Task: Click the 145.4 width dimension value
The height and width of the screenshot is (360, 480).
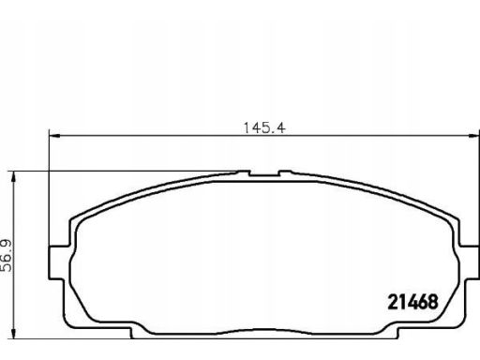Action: [264, 127]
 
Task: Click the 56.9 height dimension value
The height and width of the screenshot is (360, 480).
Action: [6, 256]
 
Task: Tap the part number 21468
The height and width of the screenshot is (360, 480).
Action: [412, 302]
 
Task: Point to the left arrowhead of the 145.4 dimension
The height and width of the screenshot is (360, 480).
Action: [54, 136]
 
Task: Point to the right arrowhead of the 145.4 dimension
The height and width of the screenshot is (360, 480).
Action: [473, 136]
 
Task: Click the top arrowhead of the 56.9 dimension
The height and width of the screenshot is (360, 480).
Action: [13, 177]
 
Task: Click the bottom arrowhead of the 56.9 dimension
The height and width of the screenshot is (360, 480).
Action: [13, 333]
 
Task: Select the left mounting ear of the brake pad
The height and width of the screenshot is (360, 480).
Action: [59, 262]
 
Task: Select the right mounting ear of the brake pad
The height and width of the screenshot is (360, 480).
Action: [469, 262]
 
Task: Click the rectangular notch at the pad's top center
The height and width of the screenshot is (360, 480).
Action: [264, 172]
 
